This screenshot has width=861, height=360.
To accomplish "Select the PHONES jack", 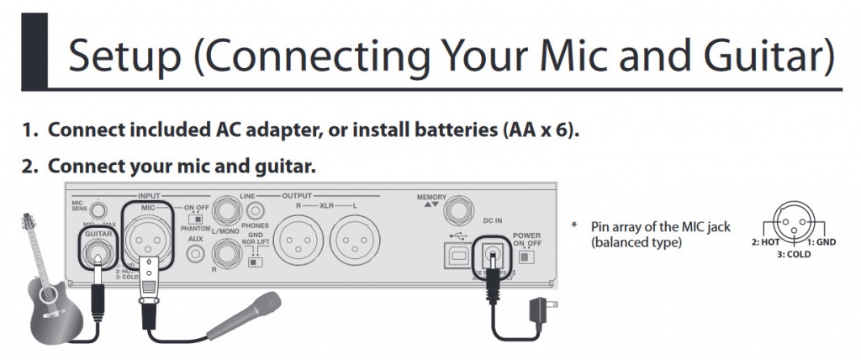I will pos(252,211).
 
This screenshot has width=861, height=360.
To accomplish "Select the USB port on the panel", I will pos(459,254).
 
